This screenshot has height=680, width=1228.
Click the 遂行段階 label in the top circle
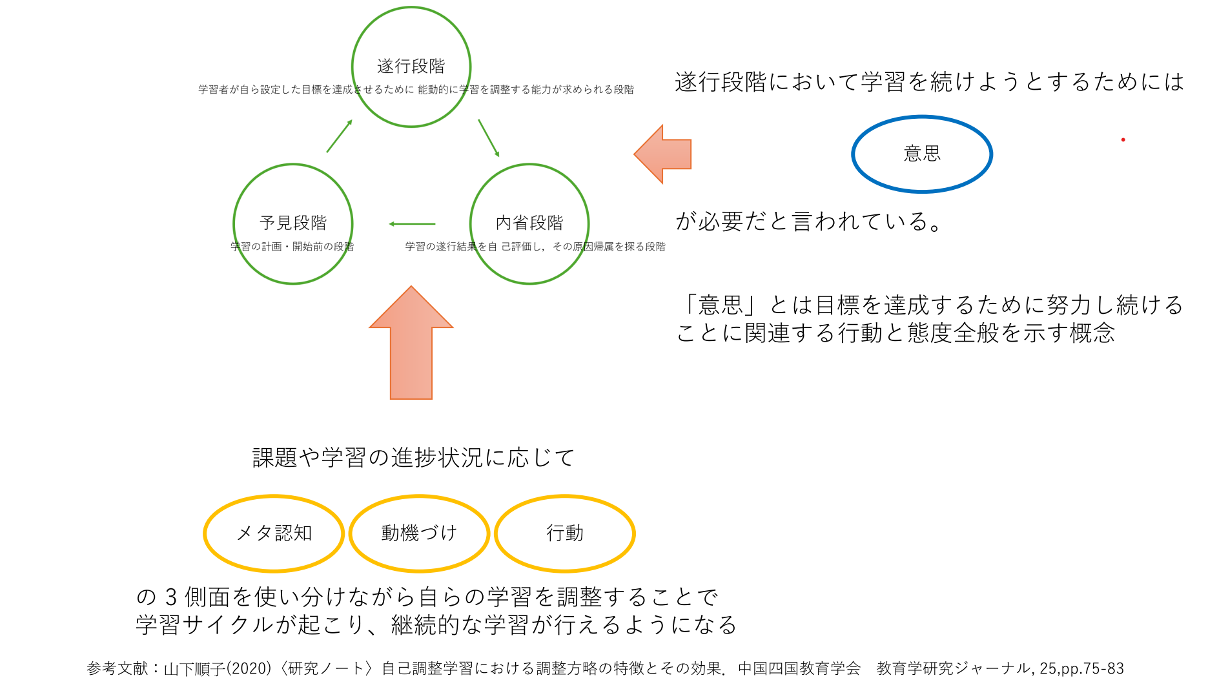click(411, 66)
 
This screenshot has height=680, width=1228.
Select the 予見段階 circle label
click(293, 223)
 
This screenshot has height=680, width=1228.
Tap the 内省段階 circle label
click(529, 223)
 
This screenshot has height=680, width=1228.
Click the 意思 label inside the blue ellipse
click(922, 154)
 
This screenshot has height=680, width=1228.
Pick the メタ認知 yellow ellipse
click(274, 533)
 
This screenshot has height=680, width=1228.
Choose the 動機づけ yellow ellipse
click(419, 533)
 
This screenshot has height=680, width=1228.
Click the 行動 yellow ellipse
click(565, 533)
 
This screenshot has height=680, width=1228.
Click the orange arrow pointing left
click(665, 154)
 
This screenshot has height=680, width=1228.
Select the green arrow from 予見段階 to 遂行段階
click(340, 136)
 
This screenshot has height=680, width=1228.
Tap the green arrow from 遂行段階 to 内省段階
click(489, 138)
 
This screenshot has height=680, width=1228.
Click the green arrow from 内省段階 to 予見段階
click(412, 224)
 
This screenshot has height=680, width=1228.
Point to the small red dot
click(1123, 139)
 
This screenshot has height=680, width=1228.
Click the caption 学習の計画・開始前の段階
click(292, 247)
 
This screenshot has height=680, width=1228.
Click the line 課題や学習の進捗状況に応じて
click(413, 458)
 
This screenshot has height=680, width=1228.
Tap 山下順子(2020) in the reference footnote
click(218, 668)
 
